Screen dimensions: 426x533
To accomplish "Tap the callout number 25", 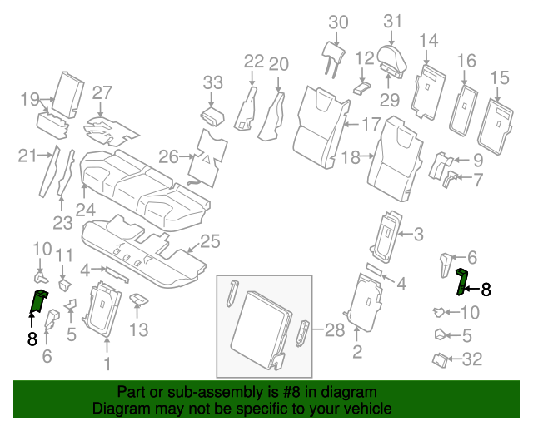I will point(210,242).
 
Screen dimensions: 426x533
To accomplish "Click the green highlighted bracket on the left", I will point(37,302).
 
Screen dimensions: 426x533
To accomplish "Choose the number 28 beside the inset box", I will point(334,330).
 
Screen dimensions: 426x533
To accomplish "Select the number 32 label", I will point(471,359).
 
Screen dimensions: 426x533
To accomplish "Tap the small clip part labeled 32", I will point(439,359).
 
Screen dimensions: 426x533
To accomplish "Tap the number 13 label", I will point(138,331).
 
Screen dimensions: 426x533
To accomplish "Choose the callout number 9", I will point(477,159).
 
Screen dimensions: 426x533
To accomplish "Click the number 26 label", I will point(169,156).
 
